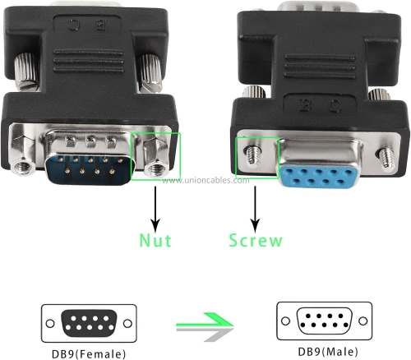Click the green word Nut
click(155, 240)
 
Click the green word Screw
click(256, 240)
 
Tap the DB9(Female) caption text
click(89, 353)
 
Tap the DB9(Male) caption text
click(328, 352)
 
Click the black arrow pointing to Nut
click(155, 210)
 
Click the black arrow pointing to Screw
click(256, 210)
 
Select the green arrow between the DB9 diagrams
click(205, 320)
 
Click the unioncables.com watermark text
click(205, 180)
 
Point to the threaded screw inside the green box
click(253, 156)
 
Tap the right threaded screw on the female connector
click(386, 158)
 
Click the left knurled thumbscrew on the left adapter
click(25, 72)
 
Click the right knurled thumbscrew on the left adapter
click(150, 73)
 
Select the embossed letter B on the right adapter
click(305, 104)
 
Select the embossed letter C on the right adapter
click(335, 106)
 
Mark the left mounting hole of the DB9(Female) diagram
click(50, 323)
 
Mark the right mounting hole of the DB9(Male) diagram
click(363, 321)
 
